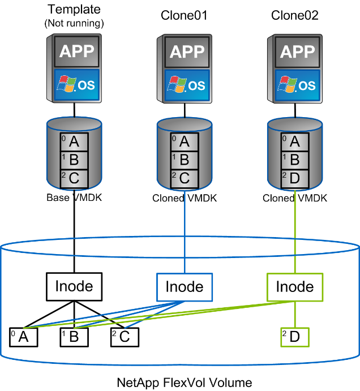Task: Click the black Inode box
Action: [74, 286]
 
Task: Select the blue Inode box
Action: [185, 286]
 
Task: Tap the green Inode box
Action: [294, 286]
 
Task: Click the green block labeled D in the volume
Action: [295, 337]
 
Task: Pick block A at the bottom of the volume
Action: [23, 337]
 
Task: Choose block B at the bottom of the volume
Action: [74, 337]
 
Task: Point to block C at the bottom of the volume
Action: [124, 337]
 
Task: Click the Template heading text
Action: [74, 10]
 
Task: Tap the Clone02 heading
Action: [295, 15]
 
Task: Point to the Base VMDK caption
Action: [74, 198]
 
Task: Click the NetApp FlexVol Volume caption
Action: [185, 383]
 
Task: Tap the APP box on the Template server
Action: [74, 53]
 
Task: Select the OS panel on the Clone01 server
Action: [185, 85]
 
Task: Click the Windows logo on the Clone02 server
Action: [285, 85]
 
